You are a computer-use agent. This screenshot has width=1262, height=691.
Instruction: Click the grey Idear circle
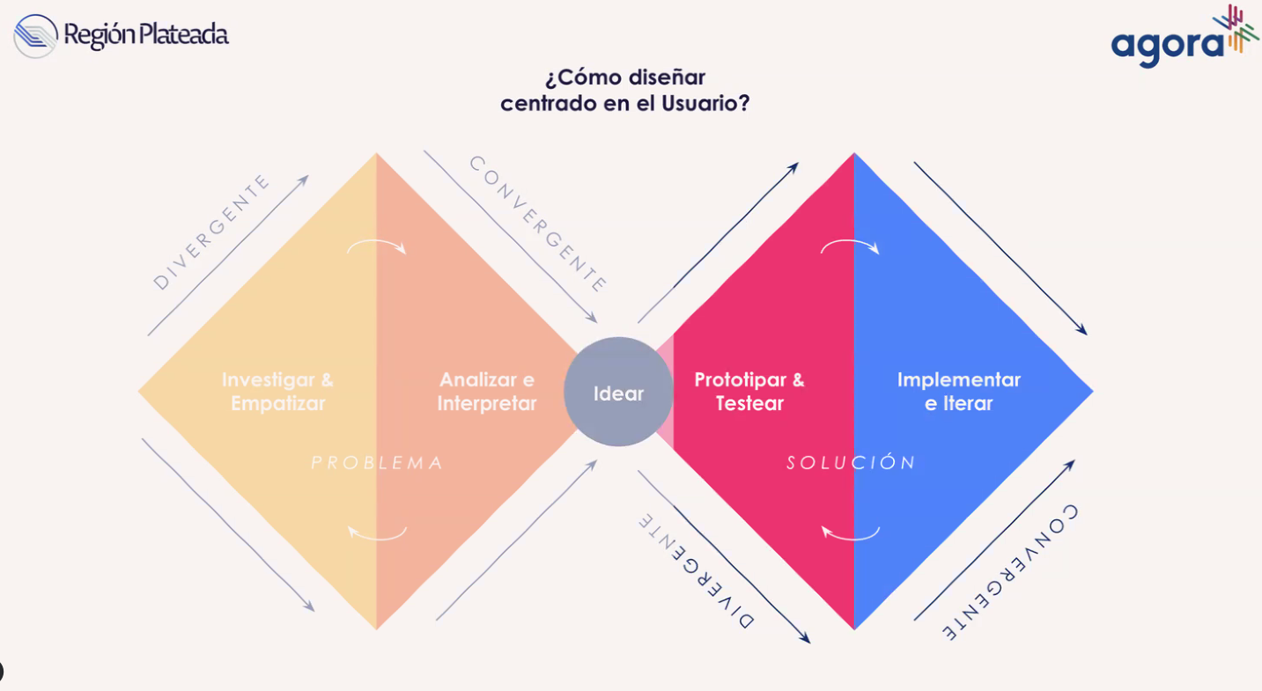[618, 392]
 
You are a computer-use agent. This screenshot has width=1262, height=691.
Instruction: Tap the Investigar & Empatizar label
[277, 392]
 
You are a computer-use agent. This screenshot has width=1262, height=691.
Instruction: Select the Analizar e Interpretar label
[487, 392]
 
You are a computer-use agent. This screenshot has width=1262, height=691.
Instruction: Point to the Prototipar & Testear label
[749, 392]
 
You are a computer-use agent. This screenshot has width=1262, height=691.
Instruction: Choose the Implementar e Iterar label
[958, 392]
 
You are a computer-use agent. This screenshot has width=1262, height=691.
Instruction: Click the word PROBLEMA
[377, 463]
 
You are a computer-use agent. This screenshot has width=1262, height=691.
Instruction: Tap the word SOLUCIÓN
[852, 463]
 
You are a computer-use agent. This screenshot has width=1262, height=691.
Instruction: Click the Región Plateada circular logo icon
[35, 36]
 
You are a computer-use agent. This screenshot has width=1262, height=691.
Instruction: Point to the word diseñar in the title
[668, 77]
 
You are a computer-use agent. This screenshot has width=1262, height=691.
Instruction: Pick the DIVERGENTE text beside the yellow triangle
[211, 232]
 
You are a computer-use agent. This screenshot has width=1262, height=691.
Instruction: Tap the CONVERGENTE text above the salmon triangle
[538, 224]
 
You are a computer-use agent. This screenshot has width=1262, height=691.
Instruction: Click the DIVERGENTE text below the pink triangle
[697, 570]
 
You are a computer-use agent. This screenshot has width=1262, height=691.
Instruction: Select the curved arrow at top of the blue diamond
[850, 247]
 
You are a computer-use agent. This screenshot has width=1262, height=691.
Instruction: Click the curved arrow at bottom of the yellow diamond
[377, 533]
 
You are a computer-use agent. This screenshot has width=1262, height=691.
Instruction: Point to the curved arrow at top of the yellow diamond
[377, 247]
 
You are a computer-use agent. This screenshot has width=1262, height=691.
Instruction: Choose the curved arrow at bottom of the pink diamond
[850, 533]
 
